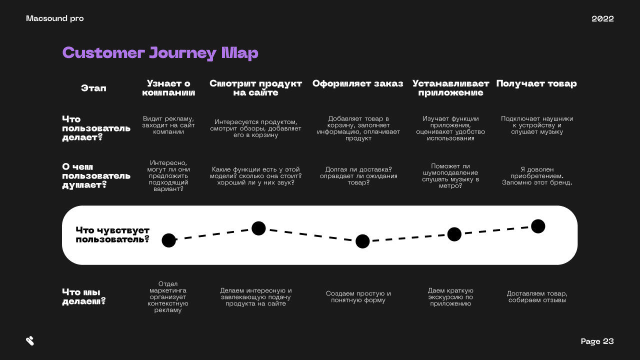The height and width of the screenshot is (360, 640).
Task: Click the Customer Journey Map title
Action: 160,53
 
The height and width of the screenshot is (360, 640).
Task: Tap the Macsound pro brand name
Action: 55,18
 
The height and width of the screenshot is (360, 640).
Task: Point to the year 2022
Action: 602,18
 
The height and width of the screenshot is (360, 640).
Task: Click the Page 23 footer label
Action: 597,341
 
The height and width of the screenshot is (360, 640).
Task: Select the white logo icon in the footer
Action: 30,341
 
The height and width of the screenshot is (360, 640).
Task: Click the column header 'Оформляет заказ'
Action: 357,83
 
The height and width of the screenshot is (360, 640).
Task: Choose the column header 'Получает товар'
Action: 536,83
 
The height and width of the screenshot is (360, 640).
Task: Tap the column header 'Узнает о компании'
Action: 168,88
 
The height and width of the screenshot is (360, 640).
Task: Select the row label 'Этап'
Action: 93,88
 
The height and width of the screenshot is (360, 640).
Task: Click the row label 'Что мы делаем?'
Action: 84,296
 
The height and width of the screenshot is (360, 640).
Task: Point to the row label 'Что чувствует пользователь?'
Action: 112,234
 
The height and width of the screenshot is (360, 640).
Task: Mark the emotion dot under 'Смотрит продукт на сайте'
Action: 258,228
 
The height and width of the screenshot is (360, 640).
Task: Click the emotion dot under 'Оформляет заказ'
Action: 362,241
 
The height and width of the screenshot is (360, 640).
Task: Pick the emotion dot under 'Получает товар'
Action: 538,226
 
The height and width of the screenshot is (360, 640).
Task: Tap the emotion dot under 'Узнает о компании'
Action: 169,240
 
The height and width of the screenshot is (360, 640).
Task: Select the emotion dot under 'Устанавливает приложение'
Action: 454,234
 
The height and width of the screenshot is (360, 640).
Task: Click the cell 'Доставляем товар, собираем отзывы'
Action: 537,296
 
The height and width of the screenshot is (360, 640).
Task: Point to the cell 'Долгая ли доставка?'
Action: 358,175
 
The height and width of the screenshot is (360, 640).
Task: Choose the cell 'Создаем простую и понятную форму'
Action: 358,296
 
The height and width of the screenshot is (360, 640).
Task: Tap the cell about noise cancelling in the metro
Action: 450,175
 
